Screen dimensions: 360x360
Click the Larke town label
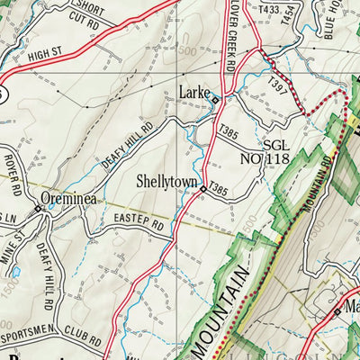(193, 91)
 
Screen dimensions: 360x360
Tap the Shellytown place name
(166, 181)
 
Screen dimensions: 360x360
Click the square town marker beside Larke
(215, 100)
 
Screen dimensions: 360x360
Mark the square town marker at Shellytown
(203, 189)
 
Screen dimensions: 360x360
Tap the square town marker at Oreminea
(38, 210)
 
